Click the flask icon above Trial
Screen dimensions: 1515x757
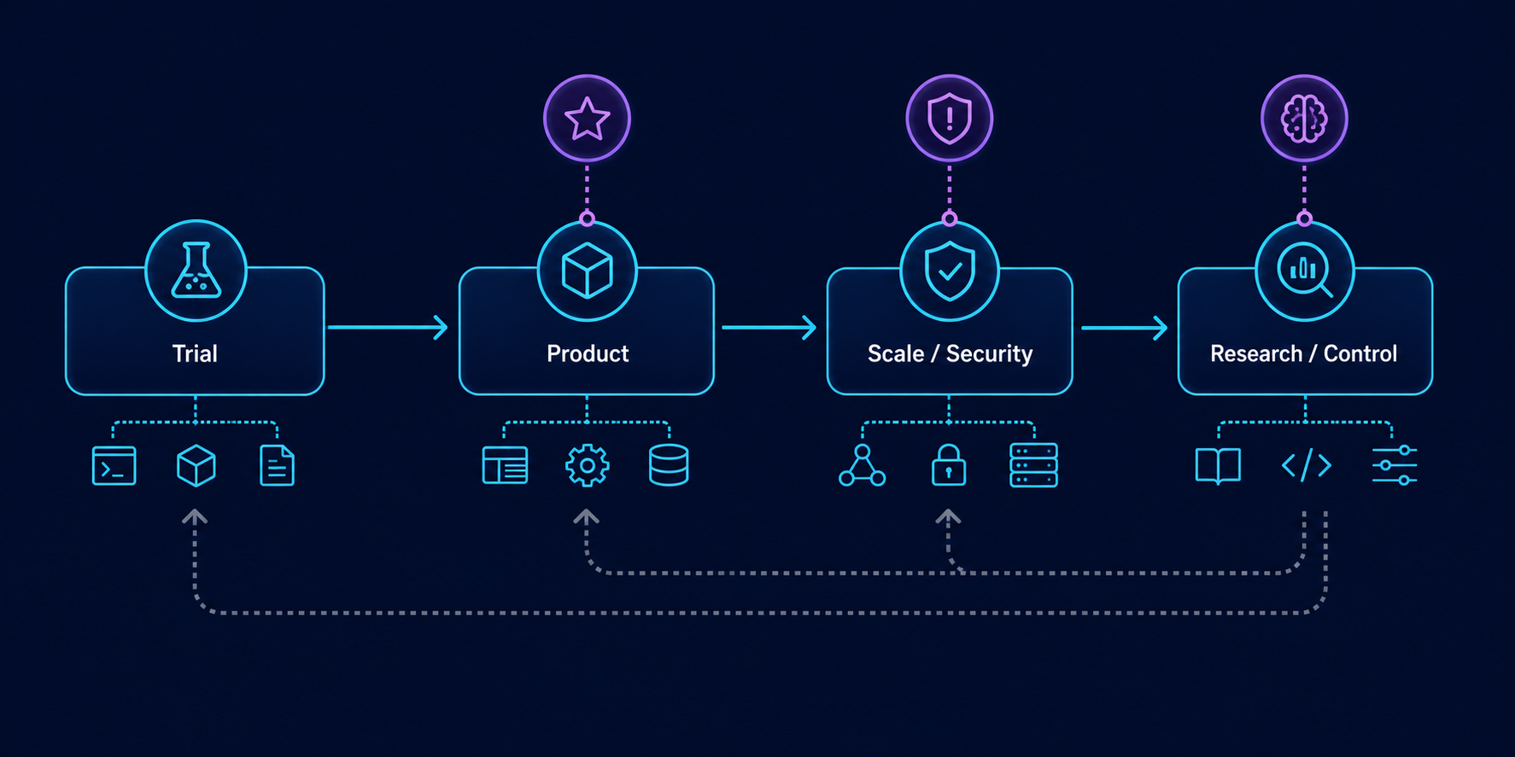coord(196,271)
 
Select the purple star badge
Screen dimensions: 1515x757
coord(588,119)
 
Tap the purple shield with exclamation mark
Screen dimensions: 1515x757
coord(950,119)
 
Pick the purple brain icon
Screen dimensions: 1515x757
coord(1305,119)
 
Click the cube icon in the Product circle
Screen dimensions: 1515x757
coord(588,271)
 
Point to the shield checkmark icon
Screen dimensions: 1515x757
coord(950,271)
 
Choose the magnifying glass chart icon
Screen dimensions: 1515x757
coord(1305,271)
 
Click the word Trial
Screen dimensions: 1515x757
coord(195,353)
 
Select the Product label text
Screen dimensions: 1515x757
coord(588,353)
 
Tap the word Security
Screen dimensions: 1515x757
coord(990,353)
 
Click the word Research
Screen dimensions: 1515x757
coord(1256,353)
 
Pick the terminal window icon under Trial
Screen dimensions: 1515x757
coord(114,466)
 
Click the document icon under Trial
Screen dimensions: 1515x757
coord(277,466)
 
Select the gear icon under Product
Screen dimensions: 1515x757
coord(588,466)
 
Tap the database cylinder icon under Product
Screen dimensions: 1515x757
coord(669,466)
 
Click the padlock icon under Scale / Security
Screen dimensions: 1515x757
coord(949,466)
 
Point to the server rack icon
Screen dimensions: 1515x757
coord(1034,466)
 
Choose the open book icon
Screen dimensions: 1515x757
coord(1219,466)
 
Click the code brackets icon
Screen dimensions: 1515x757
coord(1307,466)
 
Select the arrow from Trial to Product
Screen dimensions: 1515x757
coord(389,327)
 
